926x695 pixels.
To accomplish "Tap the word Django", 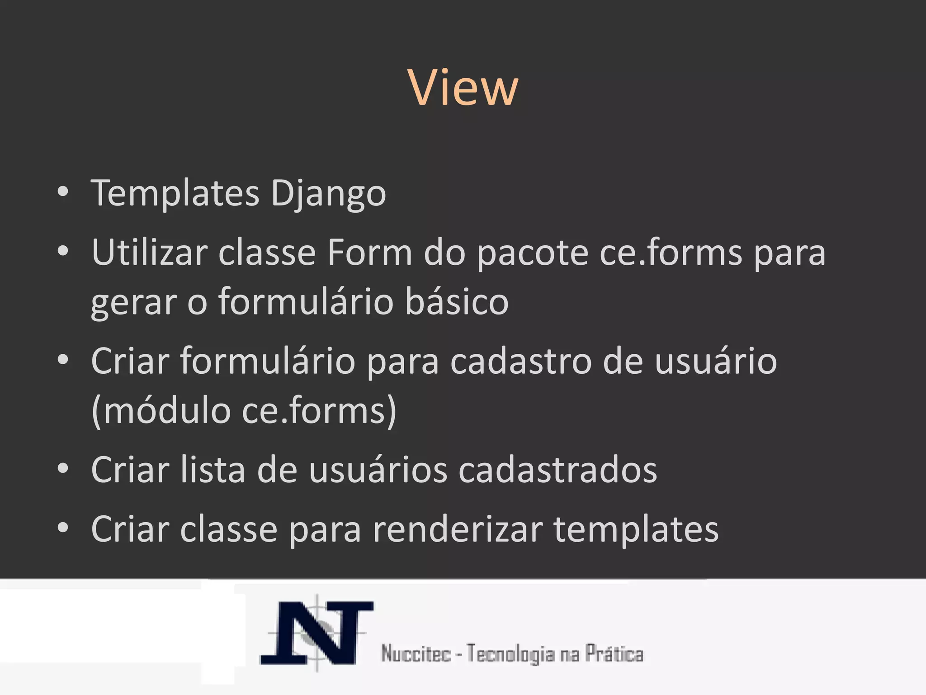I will [328, 194].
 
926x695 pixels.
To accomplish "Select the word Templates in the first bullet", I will [175, 194].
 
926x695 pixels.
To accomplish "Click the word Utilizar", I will [149, 252].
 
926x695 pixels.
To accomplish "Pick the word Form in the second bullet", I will [369, 252].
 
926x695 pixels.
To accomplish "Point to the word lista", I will [213, 470].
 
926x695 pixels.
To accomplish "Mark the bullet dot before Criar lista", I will [63, 469].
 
